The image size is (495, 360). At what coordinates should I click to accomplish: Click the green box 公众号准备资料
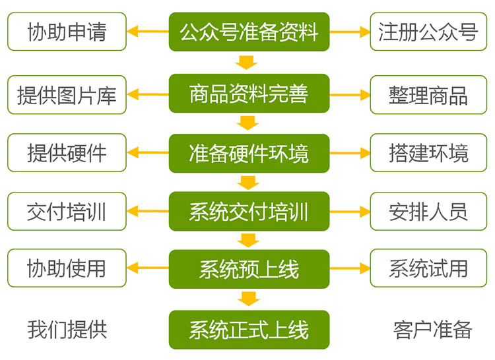coord(248,32)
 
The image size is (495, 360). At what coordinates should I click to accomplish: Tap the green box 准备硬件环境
coord(248,153)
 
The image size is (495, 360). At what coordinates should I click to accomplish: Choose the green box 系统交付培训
coord(248,212)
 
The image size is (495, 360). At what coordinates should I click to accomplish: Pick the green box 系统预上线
coord(248,269)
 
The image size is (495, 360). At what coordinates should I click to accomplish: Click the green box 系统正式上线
coord(248,329)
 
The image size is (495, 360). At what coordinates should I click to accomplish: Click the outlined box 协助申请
coord(67,32)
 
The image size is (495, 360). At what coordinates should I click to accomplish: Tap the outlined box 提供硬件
coord(67,153)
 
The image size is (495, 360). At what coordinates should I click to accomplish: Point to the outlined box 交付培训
coord(67,212)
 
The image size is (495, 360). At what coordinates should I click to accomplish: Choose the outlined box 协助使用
coord(67,268)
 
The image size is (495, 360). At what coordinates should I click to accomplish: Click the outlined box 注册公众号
coord(428,32)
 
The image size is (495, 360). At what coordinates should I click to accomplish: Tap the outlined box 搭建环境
coord(428,153)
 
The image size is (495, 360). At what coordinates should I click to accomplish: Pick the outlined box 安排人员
coord(428,212)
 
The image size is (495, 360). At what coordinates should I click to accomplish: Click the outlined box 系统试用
coord(428,268)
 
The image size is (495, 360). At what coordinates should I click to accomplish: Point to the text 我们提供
coord(67,329)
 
